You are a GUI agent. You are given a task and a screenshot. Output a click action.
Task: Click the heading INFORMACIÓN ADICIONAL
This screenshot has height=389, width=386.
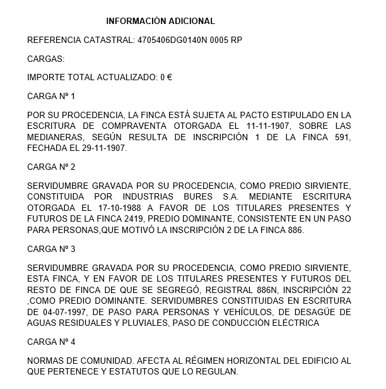(x=160, y=21)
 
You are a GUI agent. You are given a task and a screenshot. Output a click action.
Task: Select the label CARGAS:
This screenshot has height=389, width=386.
(x=46, y=59)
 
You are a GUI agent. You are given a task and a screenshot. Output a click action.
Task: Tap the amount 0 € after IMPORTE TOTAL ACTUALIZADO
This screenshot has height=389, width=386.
(x=166, y=78)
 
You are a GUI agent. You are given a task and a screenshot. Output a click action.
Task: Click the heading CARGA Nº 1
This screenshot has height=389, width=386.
(x=51, y=97)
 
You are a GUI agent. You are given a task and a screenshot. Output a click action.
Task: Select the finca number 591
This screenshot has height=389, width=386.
(x=342, y=136)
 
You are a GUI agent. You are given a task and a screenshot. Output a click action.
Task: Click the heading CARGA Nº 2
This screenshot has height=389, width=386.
(x=51, y=167)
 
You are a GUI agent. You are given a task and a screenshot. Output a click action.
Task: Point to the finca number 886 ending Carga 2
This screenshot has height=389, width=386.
(x=295, y=230)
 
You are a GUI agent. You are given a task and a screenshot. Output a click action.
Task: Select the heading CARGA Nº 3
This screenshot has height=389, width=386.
(x=51, y=249)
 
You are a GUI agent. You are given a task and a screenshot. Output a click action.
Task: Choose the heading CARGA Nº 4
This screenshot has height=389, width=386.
(x=51, y=342)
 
